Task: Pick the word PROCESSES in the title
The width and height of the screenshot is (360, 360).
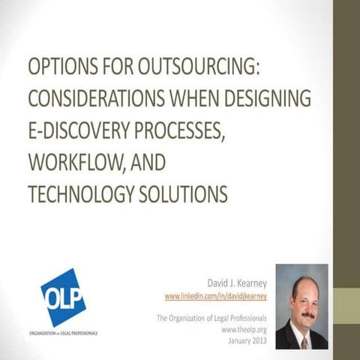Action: pos(174,132)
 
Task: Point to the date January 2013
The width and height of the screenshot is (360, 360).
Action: pos(247,339)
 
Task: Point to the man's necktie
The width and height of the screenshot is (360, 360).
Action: pos(304,340)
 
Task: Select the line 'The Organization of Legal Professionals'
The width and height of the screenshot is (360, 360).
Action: pos(212,318)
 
